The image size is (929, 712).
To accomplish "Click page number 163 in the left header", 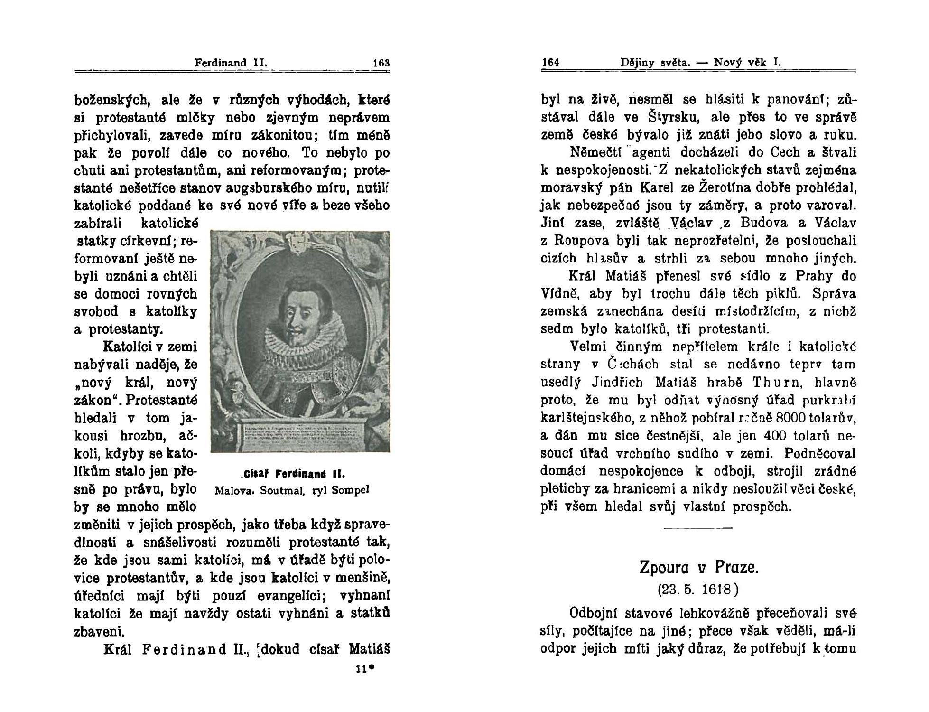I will coord(381,63).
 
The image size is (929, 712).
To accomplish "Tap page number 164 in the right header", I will coord(551,62).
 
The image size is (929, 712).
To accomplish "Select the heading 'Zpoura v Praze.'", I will coord(699,567).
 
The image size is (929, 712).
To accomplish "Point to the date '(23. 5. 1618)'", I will coord(698,590).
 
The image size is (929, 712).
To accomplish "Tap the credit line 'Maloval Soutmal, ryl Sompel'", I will coord(292,489).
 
